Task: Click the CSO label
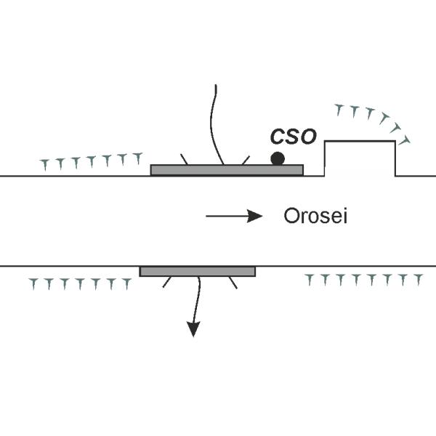coord(293,137)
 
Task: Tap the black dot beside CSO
coord(277,158)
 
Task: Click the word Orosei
coord(315,216)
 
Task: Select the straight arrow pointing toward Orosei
coord(233,216)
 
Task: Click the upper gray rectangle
coord(226,170)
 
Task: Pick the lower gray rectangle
coord(197,271)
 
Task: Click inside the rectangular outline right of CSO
coord(360,158)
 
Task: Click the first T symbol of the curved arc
coord(338,110)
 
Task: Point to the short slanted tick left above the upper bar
coord(186,158)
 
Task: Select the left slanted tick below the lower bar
coord(167,283)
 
